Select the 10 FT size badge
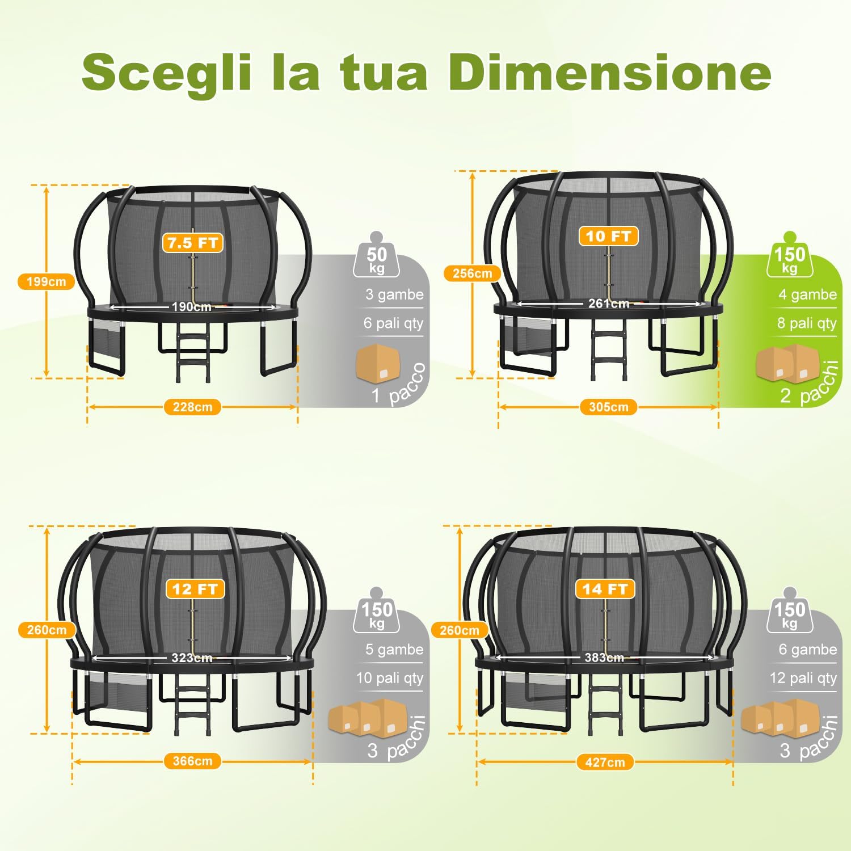pos(608,236)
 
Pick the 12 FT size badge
pos(195,589)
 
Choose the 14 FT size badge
pos(605,589)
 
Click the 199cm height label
pos(47,281)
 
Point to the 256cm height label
pos(472,273)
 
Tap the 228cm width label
pos(192,407)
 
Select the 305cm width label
pos(608,407)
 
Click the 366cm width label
pos(192,761)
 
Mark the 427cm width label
pos(605,762)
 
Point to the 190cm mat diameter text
pos(191,307)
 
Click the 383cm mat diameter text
pos(604,658)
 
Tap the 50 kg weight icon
pos(377,258)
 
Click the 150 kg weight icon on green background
pos(790,258)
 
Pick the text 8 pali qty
pos(807,323)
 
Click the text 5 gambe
pos(394,650)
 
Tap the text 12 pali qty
pos(803,678)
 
